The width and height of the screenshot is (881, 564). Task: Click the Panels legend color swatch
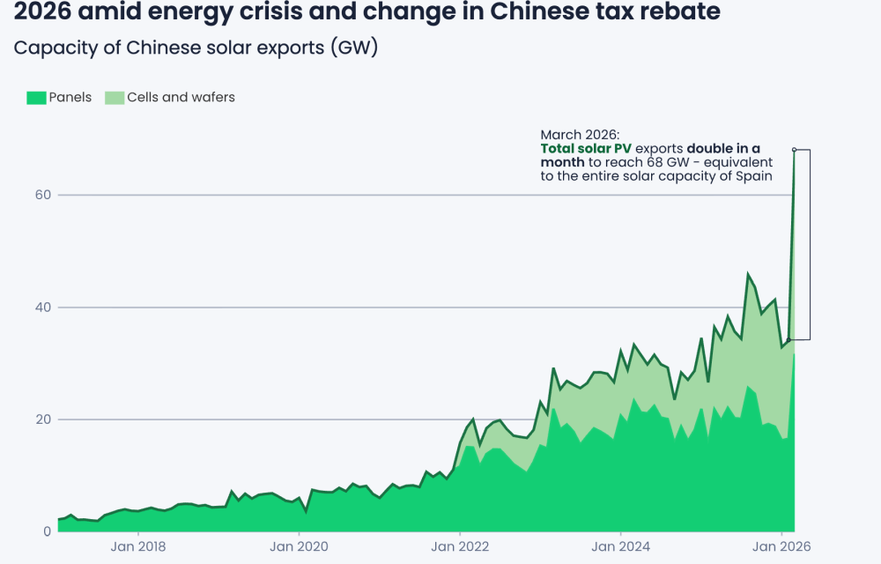(x=36, y=98)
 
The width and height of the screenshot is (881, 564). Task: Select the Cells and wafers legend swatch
(x=115, y=98)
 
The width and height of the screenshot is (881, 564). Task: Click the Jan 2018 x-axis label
(x=138, y=546)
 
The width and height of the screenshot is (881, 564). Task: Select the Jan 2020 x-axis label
(x=299, y=546)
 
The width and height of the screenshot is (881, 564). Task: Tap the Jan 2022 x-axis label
(x=460, y=546)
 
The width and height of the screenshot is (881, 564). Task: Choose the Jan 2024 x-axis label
(x=620, y=546)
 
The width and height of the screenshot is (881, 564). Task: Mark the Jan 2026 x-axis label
(x=781, y=546)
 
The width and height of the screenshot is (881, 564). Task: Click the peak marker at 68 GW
(x=794, y=150)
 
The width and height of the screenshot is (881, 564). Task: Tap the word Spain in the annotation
(x=754, y=176)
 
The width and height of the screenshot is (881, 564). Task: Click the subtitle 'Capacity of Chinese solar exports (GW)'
(x=196, y=48)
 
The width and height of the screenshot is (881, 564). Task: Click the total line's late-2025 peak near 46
(x=748, y=275)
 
